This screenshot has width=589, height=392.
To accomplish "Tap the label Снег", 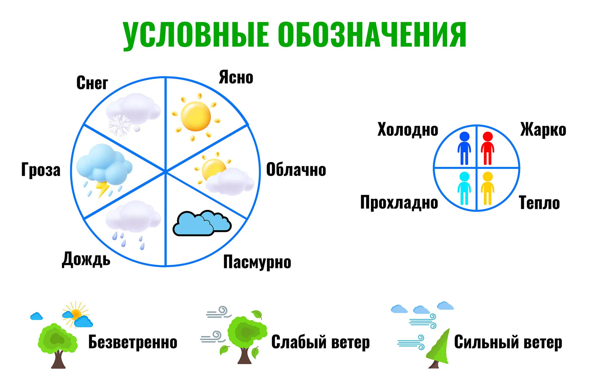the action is click(92, 83).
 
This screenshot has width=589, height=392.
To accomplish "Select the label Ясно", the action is click(236, 77).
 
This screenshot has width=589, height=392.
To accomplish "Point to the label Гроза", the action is click(41, 170).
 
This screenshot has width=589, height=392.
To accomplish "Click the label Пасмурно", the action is click(257, 262).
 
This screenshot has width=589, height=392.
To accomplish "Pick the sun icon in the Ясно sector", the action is click(196, 117).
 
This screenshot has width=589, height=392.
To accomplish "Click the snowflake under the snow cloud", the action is click(120, 125).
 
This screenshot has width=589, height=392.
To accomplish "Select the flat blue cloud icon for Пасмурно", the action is click(202, 223).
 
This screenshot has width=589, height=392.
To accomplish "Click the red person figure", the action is click(487, 148).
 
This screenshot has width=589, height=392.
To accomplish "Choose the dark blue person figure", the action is click(464, 148).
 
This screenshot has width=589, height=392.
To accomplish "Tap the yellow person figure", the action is click(487, 188).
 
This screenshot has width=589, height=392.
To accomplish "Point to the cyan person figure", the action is click(464, 188).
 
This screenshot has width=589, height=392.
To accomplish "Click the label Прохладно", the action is click(399, 203).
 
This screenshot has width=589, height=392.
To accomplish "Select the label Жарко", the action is click(543, 130).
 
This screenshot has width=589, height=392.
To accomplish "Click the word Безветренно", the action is click(133, 342).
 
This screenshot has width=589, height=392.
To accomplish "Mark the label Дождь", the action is click(86, 259).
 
